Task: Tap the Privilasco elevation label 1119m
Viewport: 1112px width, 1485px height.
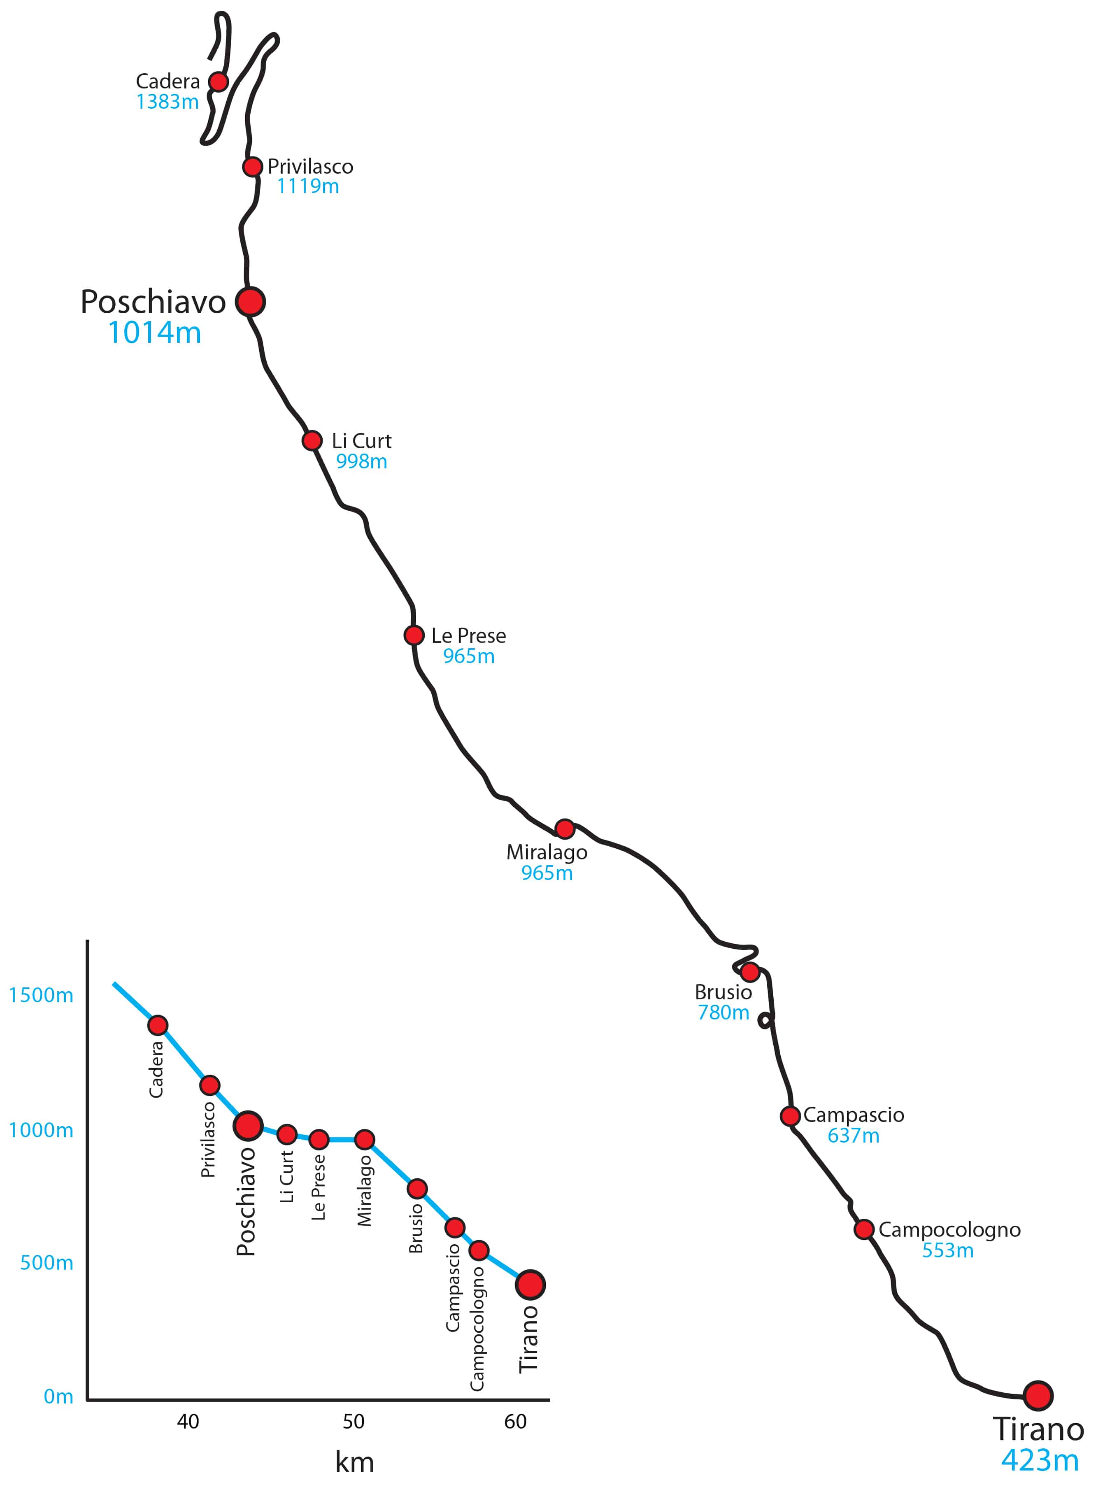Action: pyautogui.click(x=308, y=186)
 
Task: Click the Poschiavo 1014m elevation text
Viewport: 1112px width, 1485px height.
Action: pyautogui.click(x=154, y=332)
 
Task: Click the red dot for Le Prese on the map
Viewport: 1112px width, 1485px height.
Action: pyautogui.click(x=414, y=635)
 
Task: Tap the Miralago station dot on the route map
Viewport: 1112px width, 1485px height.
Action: pyautogui.click(x=565, y=829)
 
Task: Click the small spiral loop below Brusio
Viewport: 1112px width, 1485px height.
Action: pyautogui.click(x=765, y=1020)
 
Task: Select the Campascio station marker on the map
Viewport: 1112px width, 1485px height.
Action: pyautogui.click(x=791, y=1116)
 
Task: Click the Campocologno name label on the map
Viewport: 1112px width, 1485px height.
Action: pyautogui.click(x=949, y=1230)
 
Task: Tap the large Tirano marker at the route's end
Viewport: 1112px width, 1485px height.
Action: pyautogui.click(x=1038, y=1396)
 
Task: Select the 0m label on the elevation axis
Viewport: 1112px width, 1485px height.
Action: pyautogui.click(x=58, y=1397)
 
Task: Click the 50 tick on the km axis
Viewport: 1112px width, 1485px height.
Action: pyautogui.click(x=354, y=1422)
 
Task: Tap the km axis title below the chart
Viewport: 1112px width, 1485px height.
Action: pyautogui.click(x=354, y=1462)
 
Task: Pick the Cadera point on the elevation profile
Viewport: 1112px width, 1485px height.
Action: pyautogui.click(x=158, y=1025)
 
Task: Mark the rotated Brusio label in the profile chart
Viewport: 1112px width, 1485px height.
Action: pyautogui.click(x=416, y=1229)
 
